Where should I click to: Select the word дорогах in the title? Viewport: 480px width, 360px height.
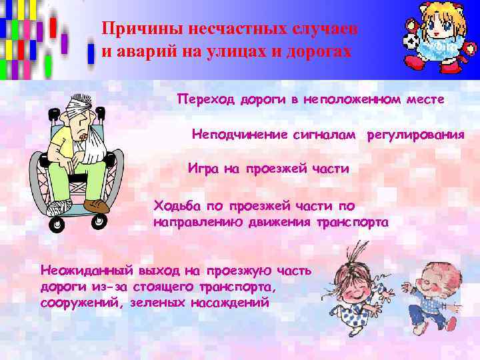pos(318,53)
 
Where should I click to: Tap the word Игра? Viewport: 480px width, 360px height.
pos(203,169)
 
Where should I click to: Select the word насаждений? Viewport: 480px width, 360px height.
pos(229,302)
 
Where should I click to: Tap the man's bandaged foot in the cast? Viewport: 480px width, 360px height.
pos(58,206)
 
